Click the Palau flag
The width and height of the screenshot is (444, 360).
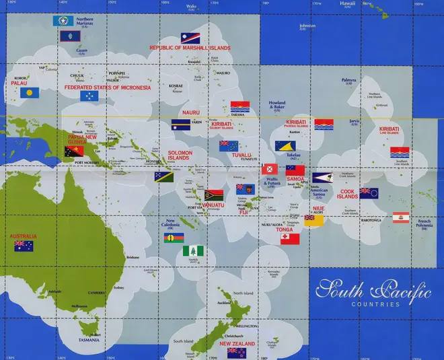pos(28,93)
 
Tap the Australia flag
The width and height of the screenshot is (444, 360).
pos(24,246)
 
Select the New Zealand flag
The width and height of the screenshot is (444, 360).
pos(236,353)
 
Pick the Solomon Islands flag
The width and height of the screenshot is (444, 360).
pos(164,177)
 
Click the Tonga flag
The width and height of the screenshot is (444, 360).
pos(290,238)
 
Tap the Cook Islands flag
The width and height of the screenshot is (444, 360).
pos(369,193)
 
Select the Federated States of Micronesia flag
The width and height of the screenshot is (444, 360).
pos(89,96)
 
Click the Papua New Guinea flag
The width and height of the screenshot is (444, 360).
pos(74,153)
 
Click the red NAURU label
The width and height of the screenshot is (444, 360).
pos(191,112)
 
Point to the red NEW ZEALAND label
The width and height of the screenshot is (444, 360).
pos(236,344)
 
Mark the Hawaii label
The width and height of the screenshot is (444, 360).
pos(347,3)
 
